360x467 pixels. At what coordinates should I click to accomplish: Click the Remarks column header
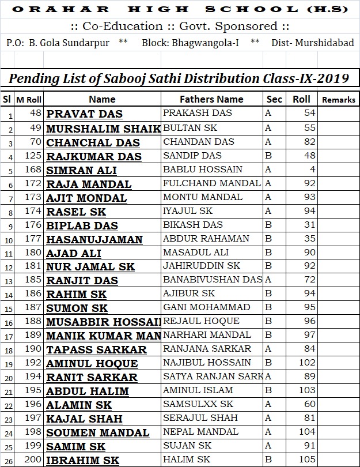point(338,100)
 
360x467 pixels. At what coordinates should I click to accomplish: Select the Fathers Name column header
point(211,99)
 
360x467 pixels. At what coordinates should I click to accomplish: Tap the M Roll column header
point(29,100)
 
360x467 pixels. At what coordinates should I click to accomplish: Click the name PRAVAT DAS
point(84,114)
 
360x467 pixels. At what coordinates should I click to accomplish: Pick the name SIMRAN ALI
point(81,170)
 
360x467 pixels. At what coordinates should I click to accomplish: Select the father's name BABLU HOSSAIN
point(203,170)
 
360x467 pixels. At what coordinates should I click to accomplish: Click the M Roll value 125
point(35,156)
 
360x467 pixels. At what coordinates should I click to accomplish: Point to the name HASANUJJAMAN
point(94,239)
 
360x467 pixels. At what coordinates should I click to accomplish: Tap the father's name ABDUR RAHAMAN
point(206,239)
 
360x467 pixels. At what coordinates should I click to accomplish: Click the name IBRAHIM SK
point(82,461)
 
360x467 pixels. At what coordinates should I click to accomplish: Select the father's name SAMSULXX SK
point(198,404)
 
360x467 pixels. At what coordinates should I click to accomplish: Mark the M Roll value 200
point(35,460)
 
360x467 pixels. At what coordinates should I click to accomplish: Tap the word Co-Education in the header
point(115,27)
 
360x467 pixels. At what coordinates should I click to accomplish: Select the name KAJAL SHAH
point(84,419)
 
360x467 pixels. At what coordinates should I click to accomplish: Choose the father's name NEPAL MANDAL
point(200,432)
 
